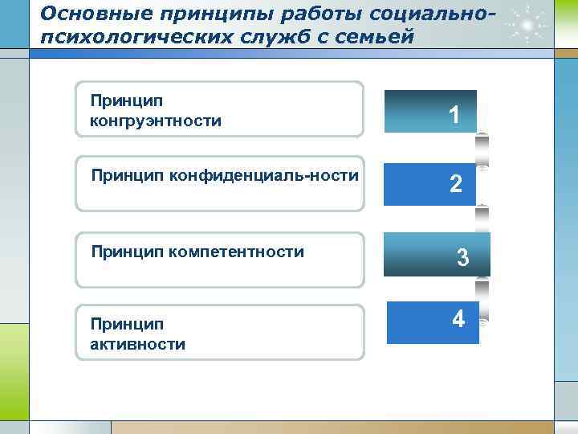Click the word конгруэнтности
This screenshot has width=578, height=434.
click(x=156, y=121)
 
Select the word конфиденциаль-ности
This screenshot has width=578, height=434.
click(x=263, y=175)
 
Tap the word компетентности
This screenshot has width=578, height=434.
click(x=237, y=252)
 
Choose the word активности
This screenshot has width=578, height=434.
click(x=137, y=345)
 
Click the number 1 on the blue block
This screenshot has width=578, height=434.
click(x=454, y=116)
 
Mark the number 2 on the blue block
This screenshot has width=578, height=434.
click(x=455, y=185)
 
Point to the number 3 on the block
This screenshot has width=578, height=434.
click(x=462, y=258)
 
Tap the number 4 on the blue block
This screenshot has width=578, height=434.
click(x=458, y=319)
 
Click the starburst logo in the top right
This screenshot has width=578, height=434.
click(x=527, y=26)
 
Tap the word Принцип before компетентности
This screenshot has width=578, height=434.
click(x=128, y=252)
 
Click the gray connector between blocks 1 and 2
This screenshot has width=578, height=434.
click(x=482, y=149)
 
